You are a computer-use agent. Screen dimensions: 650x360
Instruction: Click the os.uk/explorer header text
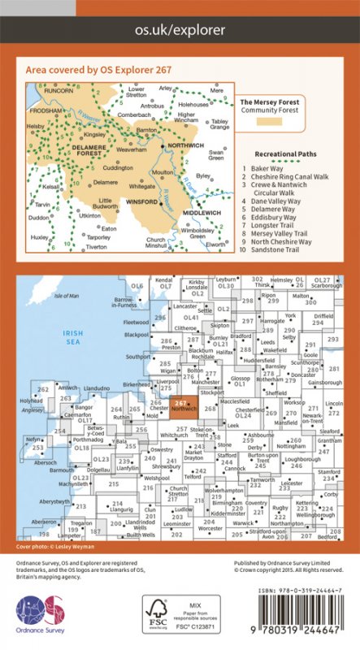[x=180, y=30]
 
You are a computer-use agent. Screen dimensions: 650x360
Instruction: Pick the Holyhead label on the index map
[x=33, y=401]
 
